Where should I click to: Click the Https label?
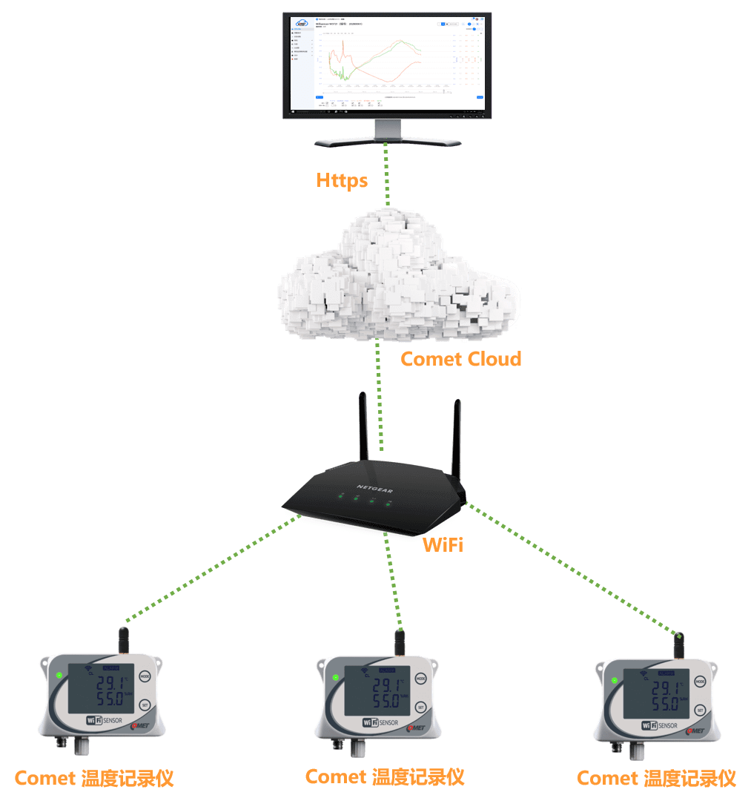pos(342,180)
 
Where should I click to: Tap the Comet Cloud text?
pos(460,359)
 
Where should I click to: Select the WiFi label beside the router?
pos(443,545)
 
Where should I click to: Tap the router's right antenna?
pos(457,438)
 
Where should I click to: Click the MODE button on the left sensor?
pos(145,676)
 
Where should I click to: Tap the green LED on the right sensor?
pos(614,681)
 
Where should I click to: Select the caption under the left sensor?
pos(94,778)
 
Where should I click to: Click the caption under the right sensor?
pos(656,778)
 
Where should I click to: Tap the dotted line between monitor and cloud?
pos(386,174)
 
